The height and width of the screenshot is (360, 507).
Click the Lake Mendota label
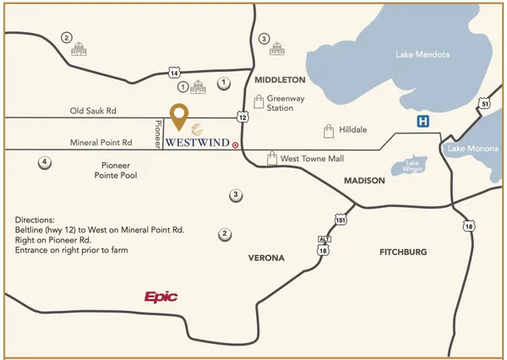(x=422, y=55)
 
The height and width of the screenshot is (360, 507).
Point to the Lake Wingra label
(x=412, y=166)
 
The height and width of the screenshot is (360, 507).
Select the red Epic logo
(x=161, y=297)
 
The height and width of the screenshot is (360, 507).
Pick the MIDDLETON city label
(x=279, y=79)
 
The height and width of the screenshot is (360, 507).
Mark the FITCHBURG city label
(x=403, y=252)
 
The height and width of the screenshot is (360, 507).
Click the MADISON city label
(x=364, y=181)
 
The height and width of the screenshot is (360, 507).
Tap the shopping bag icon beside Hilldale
(x=330, y=131)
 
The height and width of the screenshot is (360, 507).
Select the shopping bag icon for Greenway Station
(x=260, y=102)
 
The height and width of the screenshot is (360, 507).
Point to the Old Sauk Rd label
(x=92, y=111)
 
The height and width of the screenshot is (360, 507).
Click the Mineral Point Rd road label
(x=101, y=143)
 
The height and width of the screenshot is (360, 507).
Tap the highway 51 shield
(x=484, y=103)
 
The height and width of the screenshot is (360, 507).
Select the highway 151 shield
(x=341, y=220)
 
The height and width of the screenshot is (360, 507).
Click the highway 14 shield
(x=173, y=73)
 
